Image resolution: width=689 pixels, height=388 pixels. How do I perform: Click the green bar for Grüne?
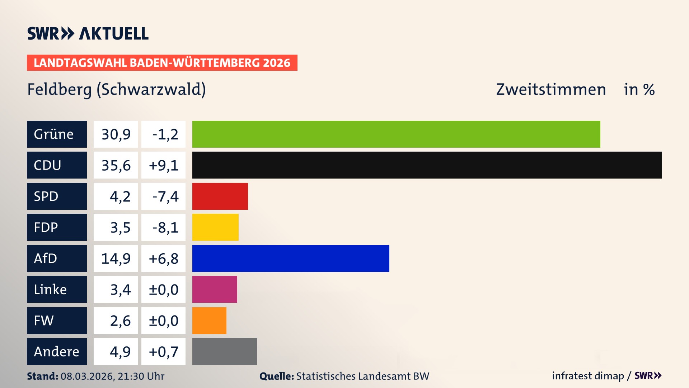tap(396, 134)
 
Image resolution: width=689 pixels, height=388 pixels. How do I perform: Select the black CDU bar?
tap(427, 165)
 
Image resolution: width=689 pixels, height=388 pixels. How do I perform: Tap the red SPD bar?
tap(220, 196)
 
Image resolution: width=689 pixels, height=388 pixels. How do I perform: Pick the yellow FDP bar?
tap(215, 227)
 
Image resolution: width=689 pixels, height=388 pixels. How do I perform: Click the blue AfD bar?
tap(291, 258)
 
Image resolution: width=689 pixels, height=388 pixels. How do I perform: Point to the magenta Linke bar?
tap(215, 289)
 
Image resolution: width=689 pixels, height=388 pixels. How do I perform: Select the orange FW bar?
tap(209, 320)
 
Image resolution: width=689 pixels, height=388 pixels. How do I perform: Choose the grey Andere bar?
tap(224, 351)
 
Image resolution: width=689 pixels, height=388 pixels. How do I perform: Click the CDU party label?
tap(57, 165)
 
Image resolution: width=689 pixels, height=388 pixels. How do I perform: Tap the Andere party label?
tap(57, 351)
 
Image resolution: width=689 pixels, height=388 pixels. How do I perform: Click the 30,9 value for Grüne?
tap(116, 134)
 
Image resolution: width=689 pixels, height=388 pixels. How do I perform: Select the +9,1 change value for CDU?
tap(163, 165)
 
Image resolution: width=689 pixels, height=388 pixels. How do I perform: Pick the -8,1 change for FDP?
tap(163, 227)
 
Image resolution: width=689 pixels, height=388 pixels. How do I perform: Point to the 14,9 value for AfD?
tap(116, 258)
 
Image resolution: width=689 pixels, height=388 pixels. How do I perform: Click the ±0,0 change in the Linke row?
tap(163, 289)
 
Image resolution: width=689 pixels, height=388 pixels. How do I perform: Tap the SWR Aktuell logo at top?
tap(88, 33)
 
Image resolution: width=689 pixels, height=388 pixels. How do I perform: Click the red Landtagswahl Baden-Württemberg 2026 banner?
tap(162, 63)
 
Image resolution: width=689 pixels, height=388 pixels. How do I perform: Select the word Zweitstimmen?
tap(551, 89)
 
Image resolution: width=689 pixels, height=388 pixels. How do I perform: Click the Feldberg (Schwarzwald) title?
tap(117, 89)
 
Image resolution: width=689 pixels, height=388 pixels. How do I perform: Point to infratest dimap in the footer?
tap(588, 376)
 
